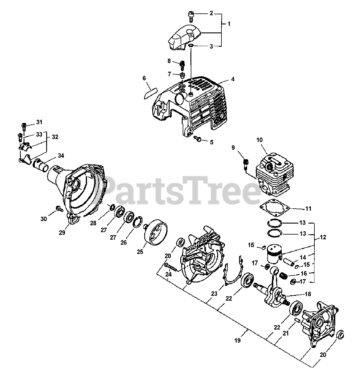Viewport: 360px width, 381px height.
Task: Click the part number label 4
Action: [x=233, y=79]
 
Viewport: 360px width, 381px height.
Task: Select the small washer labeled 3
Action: [x=191, y=46]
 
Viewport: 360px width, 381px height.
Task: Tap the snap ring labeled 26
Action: [x=137, y=222]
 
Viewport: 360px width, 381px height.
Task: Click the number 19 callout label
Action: [x=237, y=341]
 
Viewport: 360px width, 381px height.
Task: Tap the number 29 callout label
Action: [x=62, y=233]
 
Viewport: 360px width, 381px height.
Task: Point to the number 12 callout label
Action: [x=323, y=237]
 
